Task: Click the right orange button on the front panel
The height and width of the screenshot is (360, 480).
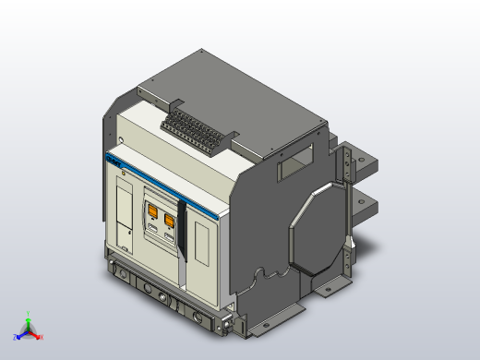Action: (x=170, y=221)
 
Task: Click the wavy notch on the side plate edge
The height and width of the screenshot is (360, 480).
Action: (x=268, y=275)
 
